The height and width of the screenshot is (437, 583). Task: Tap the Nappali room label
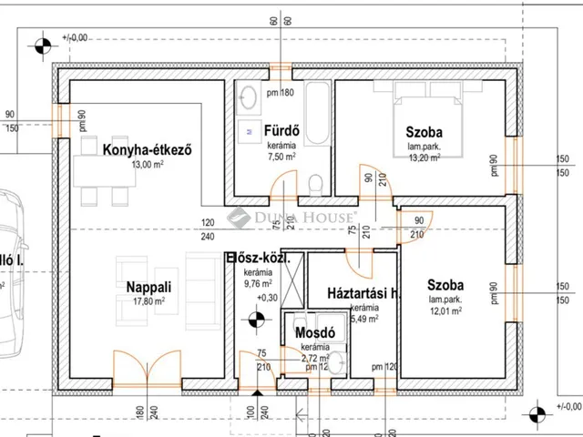pyautogui.click(x=145, y=287)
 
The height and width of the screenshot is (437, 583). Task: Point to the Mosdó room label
pyautogui.click(x=315, y=333)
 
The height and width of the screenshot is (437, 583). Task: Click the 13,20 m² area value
pyautogui.click(x=424, y=157)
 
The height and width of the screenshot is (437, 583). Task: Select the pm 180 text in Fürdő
pyautogui.click(x=280, y=94)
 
